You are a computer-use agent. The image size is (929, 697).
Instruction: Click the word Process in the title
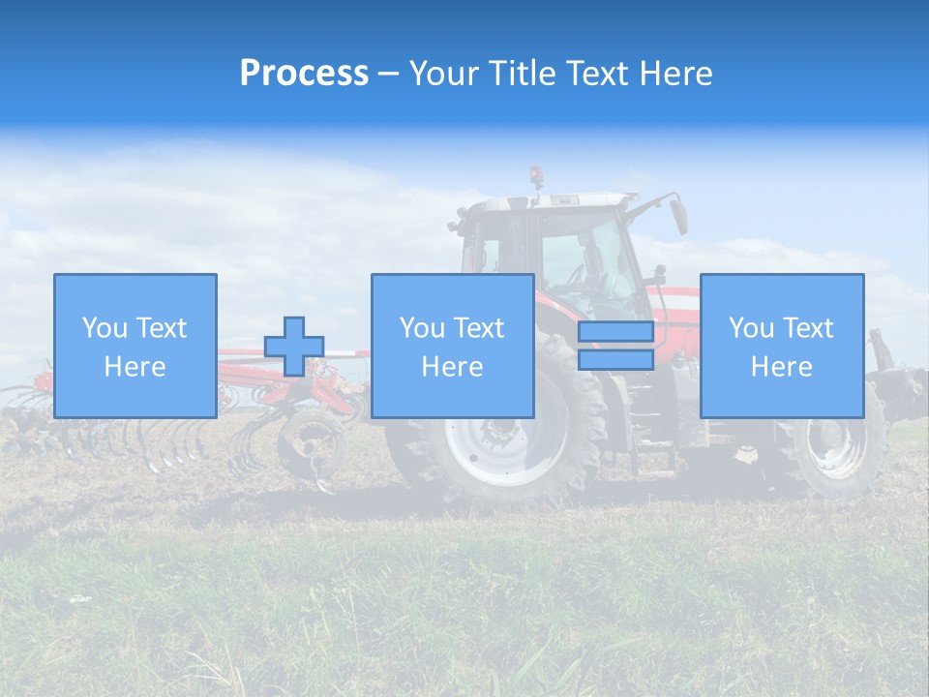304,74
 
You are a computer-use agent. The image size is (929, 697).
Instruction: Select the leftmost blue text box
135,346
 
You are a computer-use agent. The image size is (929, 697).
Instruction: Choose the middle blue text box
452,346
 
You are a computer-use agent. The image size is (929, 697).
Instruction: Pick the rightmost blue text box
782,346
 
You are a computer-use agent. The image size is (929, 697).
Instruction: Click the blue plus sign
294,347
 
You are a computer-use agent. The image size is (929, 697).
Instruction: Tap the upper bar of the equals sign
615,332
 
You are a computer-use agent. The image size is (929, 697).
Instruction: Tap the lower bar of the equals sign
615,360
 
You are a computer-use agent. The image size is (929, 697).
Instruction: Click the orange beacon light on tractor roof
535,175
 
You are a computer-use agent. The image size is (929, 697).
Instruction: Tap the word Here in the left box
135,367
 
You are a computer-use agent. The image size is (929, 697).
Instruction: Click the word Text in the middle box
480,328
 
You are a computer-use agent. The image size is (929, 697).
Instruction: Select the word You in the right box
752,328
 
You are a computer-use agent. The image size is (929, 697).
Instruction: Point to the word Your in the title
444,74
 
